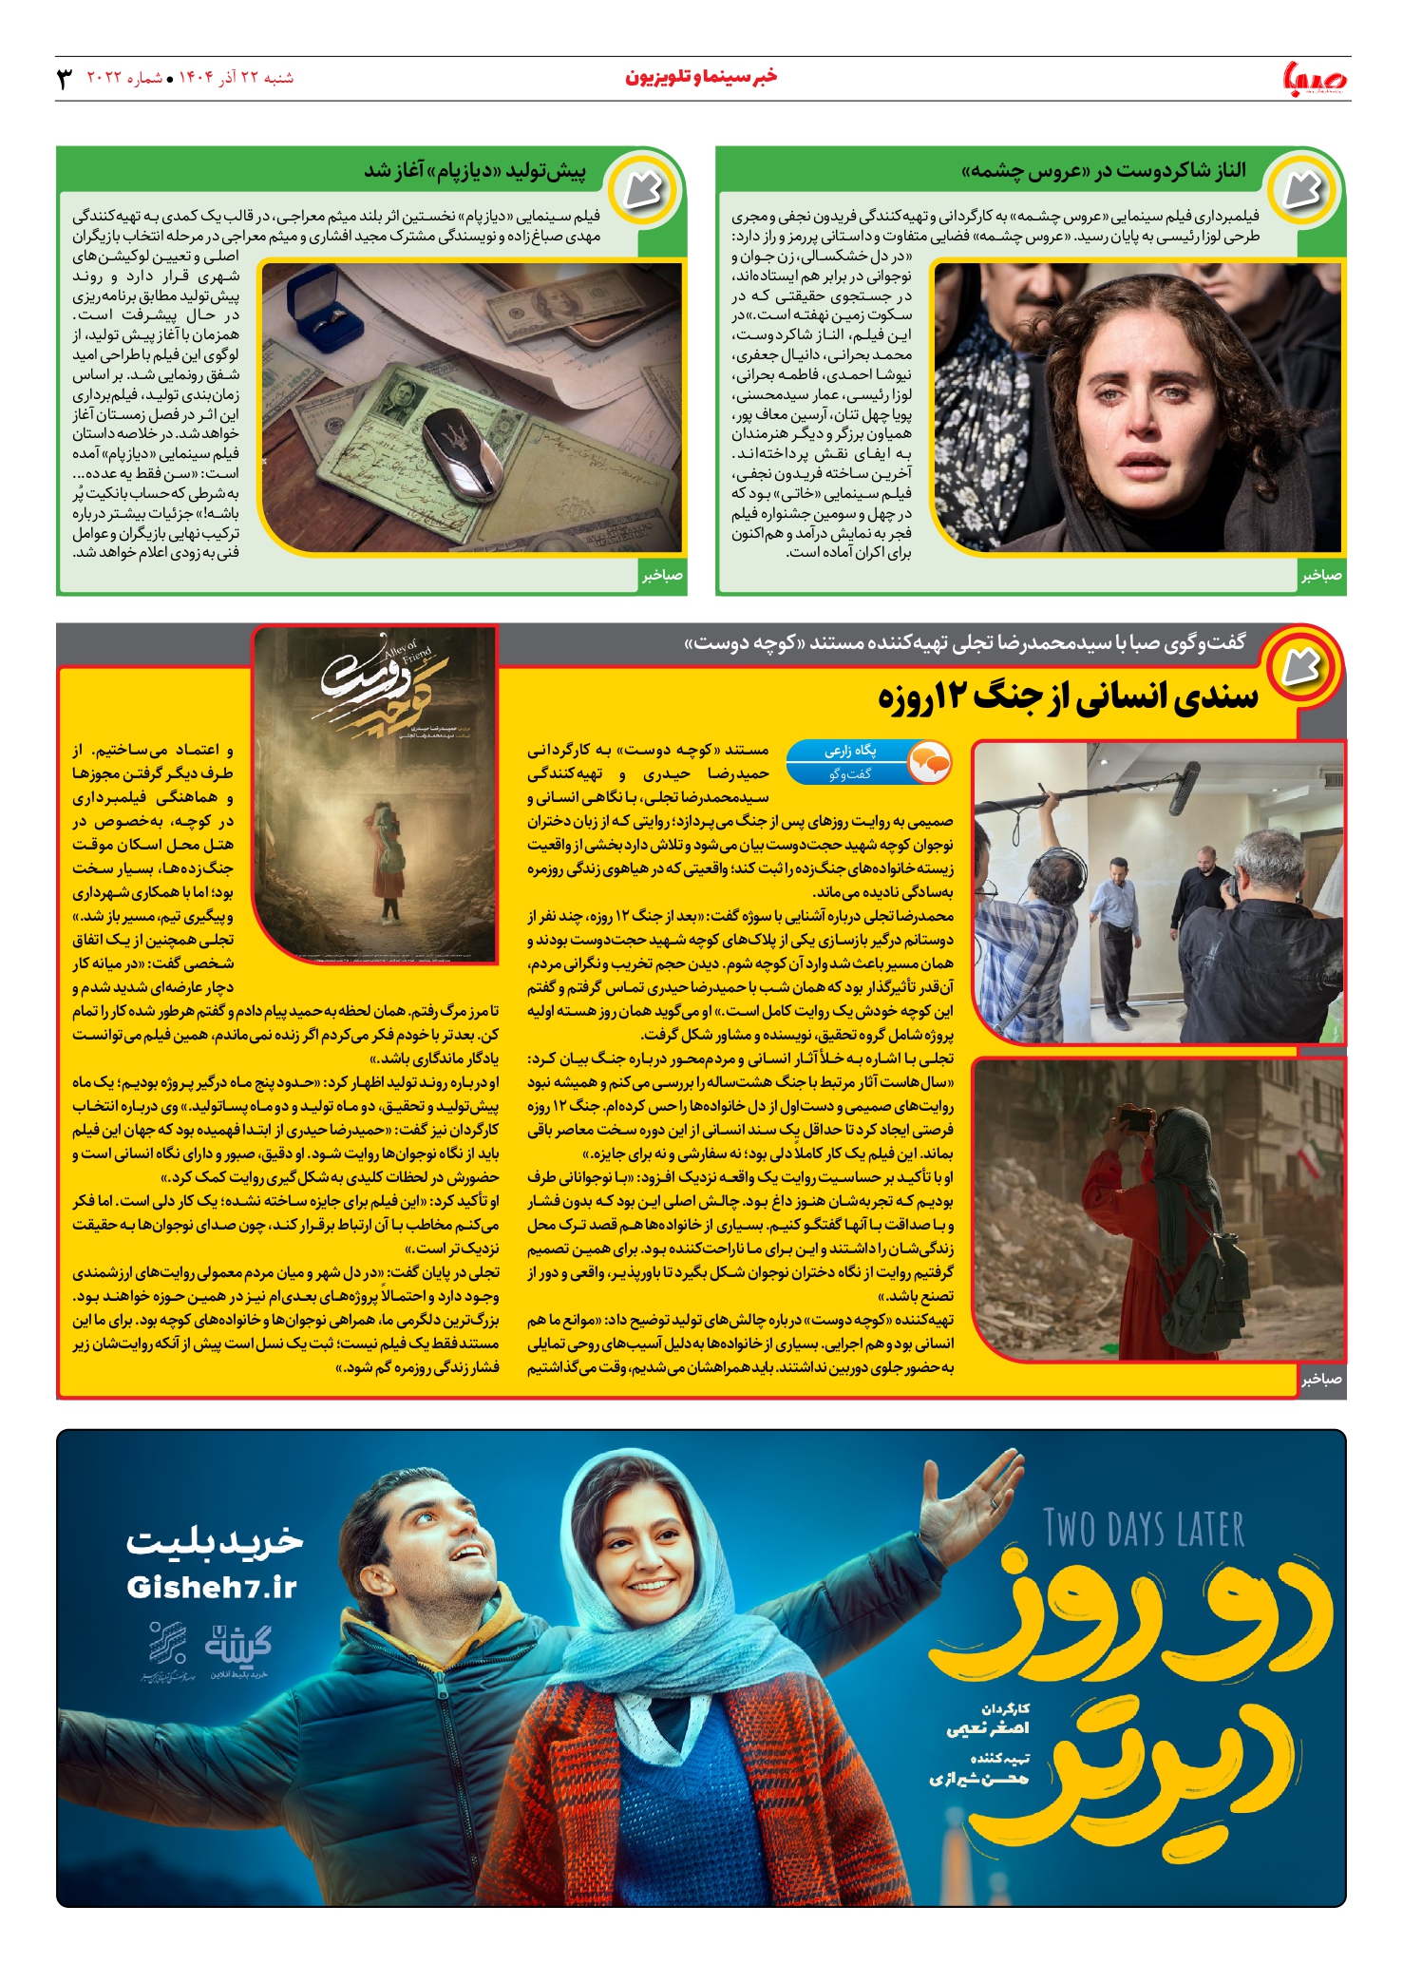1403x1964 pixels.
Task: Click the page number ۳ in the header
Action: tap(65, 79)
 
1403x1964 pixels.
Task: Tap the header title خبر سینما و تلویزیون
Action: tap(701, 77)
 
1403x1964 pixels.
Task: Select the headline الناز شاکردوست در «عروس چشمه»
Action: tap(1103, 171)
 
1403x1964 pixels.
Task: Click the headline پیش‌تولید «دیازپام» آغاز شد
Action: tap(475, 171)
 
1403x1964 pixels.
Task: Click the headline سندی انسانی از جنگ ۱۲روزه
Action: tap(1068, 697)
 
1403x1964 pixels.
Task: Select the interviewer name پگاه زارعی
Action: tap(850, 751)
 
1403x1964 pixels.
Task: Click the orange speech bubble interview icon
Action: tap(928, 762)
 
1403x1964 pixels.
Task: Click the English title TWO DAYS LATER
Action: tap(1144, 1530)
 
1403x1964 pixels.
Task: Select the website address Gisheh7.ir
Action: tap(211, 1587)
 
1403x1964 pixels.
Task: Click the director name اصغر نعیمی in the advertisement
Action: tap(988, 1727)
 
